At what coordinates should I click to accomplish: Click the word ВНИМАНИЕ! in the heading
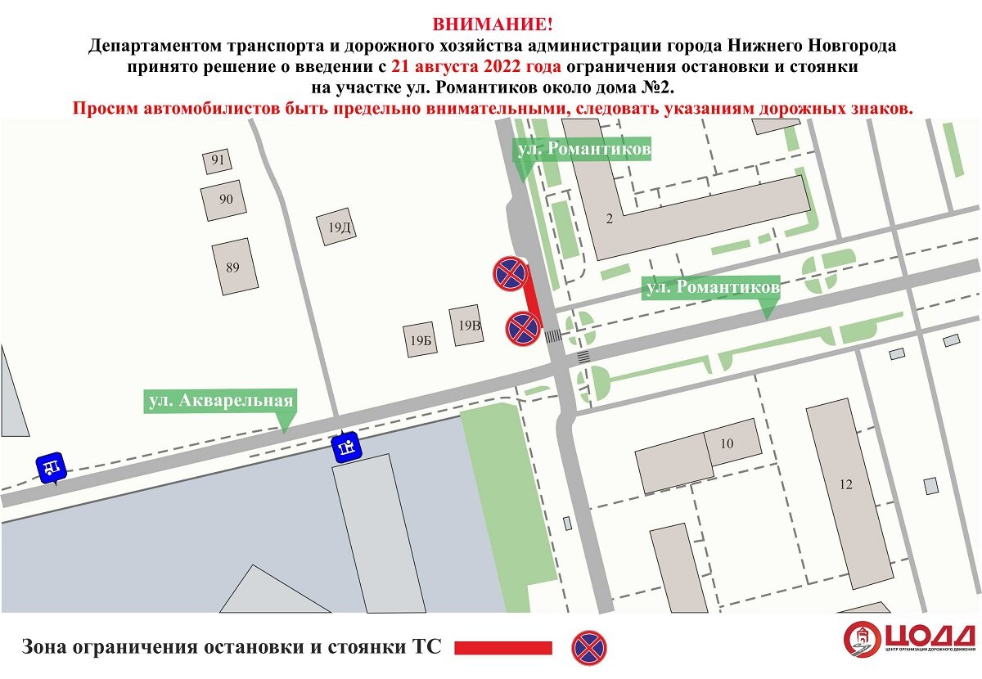pos(490,25)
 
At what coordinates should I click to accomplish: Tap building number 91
pos(218,160)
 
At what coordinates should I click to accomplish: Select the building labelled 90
pos(226,200)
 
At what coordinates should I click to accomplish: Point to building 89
pos(233,267)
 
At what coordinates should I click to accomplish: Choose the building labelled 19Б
pos(421,339)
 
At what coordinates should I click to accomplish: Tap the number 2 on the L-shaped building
pos(609,218)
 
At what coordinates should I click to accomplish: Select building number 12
pos(846,484)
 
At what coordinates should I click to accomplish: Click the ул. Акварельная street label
pos(219,401)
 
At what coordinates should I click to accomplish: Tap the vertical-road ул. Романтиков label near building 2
pos(583,150)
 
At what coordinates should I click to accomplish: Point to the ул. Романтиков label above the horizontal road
pos(710,288)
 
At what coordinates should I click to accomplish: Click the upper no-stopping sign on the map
pos(509,273)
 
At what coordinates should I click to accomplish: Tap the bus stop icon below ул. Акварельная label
pos(345,447)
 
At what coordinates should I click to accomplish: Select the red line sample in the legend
pos(502,648)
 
